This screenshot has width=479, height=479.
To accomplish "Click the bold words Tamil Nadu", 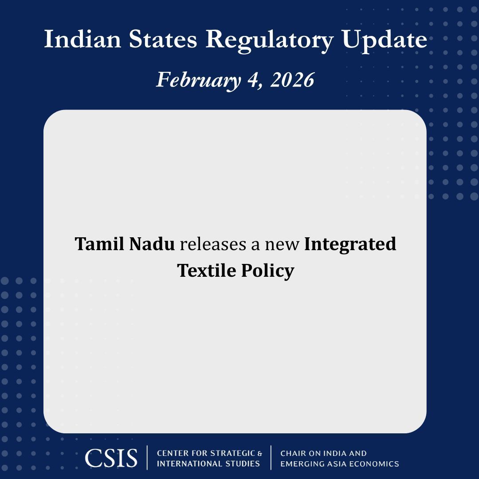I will point(125,244).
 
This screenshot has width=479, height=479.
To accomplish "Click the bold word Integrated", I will point(350,244).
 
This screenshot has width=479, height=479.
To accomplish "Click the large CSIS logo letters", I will point(111,458).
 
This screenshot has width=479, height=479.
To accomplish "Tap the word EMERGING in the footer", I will point(301,464).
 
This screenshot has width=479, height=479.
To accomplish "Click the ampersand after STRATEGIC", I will point(260,453).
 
